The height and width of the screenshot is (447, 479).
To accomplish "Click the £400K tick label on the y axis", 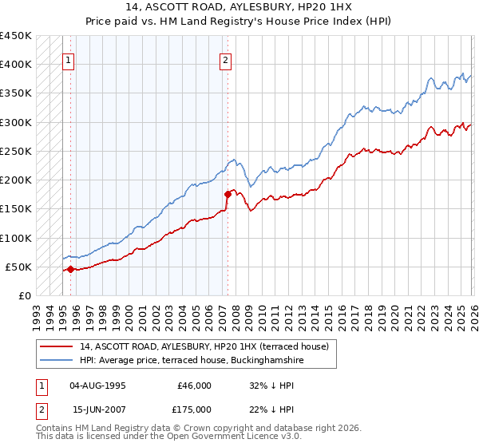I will (x=16, y=65).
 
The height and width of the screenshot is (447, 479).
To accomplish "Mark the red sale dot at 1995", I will (x=70, y=269).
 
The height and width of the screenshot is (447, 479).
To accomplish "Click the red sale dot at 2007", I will (x=227, y=194).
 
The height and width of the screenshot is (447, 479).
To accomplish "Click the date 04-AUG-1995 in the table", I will (x=96, y=386).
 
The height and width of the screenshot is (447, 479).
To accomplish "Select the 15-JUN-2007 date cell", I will (x=96, y=409).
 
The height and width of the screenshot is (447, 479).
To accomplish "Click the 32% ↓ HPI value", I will (x=271, y=386).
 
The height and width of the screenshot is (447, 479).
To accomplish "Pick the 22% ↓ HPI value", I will (x=271, y=409).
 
